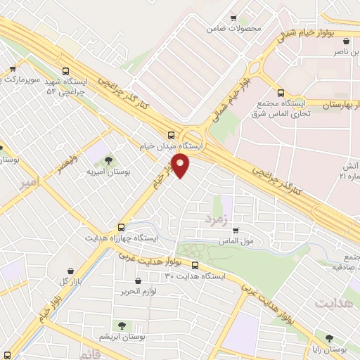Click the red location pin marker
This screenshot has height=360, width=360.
[x=181, y=166]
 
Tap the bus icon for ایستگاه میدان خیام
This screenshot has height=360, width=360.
[x=172, y=136]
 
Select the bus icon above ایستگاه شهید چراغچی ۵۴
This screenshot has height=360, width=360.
[x=66, y=71]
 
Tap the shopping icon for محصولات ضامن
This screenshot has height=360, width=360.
[x=234, y=19]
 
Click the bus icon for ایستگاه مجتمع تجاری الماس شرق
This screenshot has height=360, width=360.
[x=281, y=92]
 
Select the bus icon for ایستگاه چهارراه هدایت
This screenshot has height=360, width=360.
[x=122, y=227]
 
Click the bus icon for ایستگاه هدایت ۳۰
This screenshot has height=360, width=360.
[x=195, y=266]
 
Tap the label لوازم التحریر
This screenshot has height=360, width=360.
[x=141, y=290]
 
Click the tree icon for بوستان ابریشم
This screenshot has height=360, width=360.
[x=122, y=325]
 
